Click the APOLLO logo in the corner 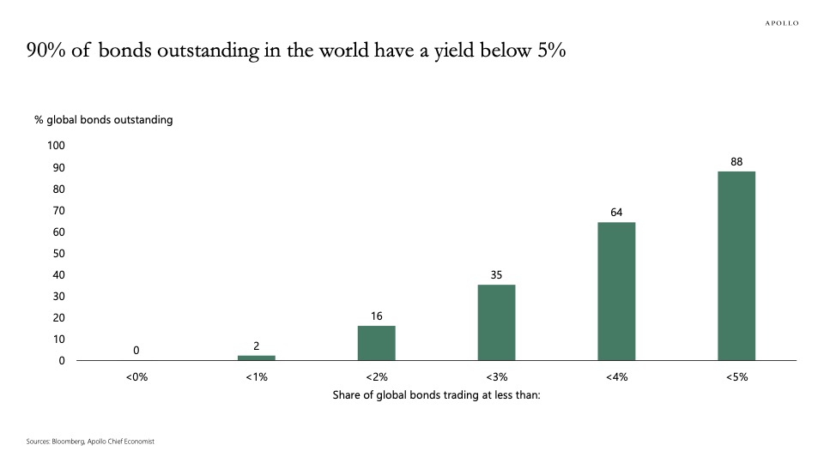click(x=781, y=23)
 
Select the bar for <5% click(x=736, y=266)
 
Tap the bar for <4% click(x=616, y=292)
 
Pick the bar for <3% click(x=496, y=322)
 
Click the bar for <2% click(x=376, y=343)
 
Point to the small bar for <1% click(x=257, y=358)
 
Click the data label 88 click(x=736, y=161)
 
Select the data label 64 click(x=616, y=213)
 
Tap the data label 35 click(x=496, y=274)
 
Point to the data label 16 click(x=376, y=316)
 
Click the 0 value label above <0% click(x=136, y=350)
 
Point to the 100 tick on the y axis click(x=56, y=146)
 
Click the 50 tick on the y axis click(x=58, y=253)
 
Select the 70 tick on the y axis click(x=58, y=210)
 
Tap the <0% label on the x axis click(x=136, y=377)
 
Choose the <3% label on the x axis click(x=496, y=377)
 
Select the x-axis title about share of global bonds click(x=436, y=395)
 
